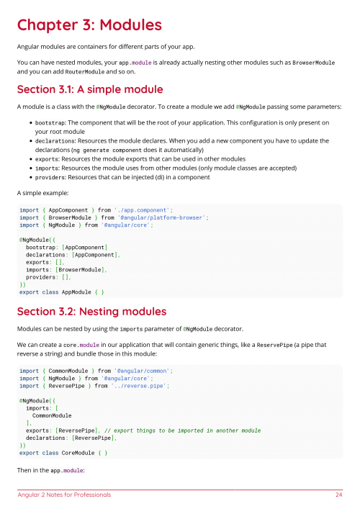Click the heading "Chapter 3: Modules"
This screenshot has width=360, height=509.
[x=89, y=25]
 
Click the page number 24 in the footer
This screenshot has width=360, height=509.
[x=338, y=495]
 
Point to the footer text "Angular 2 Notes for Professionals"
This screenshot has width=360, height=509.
[x=65, y=495]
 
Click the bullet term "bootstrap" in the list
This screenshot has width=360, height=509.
[x=49, y=123]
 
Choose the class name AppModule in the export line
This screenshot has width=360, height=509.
[x=77, y=292]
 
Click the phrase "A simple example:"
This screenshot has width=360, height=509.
[x=42, y=194]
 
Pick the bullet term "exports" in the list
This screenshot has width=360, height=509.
[x=46, y=158]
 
